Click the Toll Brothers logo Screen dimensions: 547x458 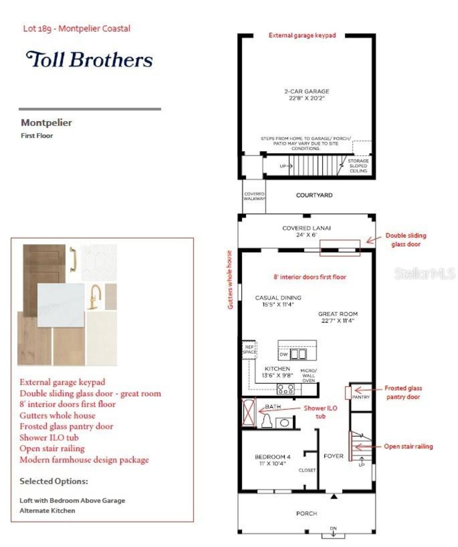89,59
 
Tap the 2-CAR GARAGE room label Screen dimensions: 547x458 307,95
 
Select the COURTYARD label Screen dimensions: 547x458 314,195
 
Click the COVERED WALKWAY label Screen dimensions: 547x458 254,196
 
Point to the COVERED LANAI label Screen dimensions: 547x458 306,231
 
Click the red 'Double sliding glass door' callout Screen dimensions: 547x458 405,240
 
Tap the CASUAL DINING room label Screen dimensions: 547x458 278,301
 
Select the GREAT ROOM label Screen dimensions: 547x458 338,317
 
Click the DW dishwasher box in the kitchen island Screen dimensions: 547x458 284,354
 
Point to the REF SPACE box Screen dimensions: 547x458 249,350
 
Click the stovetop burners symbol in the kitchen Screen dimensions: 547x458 286,389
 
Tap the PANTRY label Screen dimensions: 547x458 361,397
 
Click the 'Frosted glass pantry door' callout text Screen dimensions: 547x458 403,392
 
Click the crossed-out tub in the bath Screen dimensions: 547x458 249,412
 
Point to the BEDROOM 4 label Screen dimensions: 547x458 272,460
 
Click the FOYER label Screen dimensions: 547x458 333,456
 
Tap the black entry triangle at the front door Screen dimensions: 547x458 334,496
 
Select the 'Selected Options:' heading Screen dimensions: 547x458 54,481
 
